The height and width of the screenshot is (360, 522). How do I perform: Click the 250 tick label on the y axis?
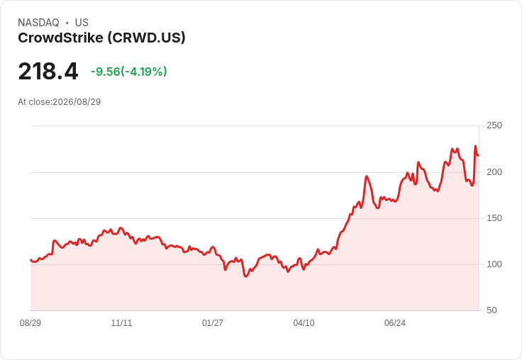tap(494, 125)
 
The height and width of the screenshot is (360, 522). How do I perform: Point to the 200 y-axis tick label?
tap(494, 172)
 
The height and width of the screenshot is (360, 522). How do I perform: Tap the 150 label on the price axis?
tap(494, 218)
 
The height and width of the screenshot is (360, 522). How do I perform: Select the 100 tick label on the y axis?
tap(494, 264)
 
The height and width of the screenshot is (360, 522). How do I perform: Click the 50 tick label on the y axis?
tap(492, 310)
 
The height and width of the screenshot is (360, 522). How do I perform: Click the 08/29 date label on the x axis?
tap(30, 323)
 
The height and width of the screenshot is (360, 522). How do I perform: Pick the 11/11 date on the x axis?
tap(121, 323)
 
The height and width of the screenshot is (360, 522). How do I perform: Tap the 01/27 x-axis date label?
tap(212, 323)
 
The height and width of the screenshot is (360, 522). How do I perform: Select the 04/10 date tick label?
tap(304, 323)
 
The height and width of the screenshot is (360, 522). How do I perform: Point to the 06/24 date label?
tap(395, 323)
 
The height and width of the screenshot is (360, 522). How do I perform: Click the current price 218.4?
tap(48, 71)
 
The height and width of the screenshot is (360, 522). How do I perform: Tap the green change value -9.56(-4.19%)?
tap(129, 72)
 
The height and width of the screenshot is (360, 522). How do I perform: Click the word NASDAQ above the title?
tap(38, 23)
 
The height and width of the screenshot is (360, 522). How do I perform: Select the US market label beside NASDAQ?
tap(82, 23)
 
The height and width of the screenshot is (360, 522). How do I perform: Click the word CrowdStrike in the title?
tap(60, 38)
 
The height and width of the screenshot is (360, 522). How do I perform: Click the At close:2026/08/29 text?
tap(60, 102)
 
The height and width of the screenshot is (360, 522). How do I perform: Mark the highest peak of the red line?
tap(475, 146)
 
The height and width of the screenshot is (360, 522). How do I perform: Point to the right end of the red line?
tap(478, 155)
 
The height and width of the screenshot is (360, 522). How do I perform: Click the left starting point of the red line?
tap(30, 260)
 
